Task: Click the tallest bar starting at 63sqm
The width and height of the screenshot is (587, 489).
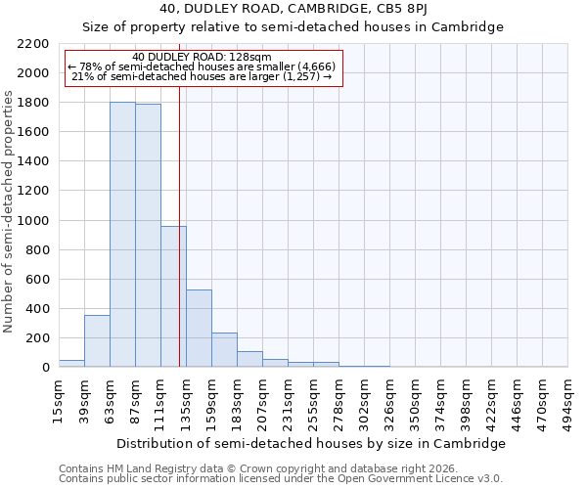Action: tap(122, 235)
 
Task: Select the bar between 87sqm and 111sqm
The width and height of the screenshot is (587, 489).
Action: tap(148, 236)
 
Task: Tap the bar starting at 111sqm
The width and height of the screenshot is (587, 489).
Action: tap(173, 296)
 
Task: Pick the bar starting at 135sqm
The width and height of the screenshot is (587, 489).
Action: tap(199, 329)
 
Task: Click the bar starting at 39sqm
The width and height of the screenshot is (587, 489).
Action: tap(97, 341)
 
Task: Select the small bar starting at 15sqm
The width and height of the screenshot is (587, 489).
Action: tap(71, 363)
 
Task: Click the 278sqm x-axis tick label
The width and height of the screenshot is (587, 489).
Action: tap(339, 401)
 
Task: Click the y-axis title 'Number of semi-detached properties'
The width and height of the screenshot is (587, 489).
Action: tap(9, 211)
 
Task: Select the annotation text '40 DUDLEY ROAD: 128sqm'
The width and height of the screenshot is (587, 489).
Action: tap(203, 57)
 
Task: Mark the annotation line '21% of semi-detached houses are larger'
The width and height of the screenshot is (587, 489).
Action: tap(203, 76)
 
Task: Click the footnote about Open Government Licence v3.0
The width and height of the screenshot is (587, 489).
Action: tap(280, 479)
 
